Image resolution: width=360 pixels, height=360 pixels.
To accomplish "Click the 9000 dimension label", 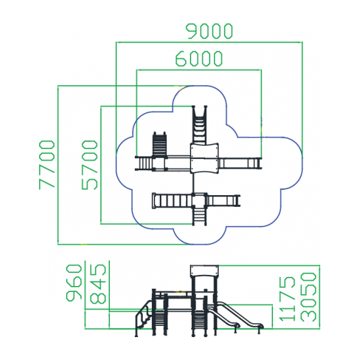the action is click(209, 31).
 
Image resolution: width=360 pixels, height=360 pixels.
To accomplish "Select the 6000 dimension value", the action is click(199, 58).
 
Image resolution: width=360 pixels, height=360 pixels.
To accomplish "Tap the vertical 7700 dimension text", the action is click(47, 165).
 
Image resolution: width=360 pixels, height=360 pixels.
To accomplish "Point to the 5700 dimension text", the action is click(90, 165).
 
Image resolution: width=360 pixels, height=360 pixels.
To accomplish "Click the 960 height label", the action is click(74, 283).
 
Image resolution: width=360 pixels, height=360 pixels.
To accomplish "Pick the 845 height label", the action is click(98, 284).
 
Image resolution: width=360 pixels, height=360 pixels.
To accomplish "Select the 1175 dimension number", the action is click(287, 298).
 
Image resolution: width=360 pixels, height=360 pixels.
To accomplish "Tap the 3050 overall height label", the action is click(308, 297).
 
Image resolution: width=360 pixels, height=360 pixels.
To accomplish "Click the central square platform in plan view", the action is click(204, 158).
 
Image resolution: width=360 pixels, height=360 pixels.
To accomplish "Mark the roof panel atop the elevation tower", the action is click(204, 271).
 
